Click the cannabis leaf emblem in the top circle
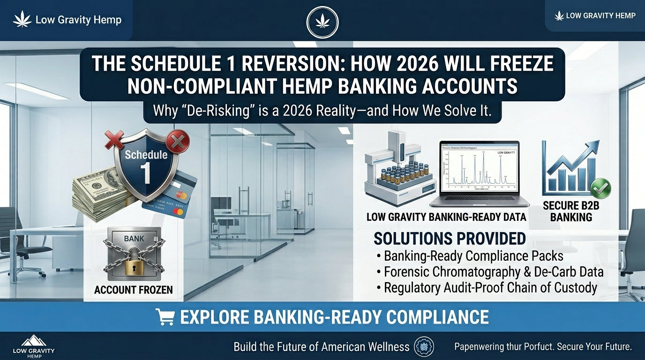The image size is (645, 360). tap(322, 22)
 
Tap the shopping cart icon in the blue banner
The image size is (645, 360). tap(165, 317)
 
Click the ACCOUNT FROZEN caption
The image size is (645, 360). tap(134, 290)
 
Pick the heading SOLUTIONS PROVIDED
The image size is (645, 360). tap(450, 239)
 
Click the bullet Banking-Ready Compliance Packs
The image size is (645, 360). tap(473, 256)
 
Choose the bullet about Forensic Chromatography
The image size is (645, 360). tap(493, 272)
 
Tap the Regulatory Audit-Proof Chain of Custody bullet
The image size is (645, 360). tap(490, 287)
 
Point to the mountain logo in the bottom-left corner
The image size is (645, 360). tap(33, 341)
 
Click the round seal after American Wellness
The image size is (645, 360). tap(424, 347)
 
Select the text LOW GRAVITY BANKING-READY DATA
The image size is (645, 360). tap(446, 217)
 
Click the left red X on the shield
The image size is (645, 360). tap(114, 139)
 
